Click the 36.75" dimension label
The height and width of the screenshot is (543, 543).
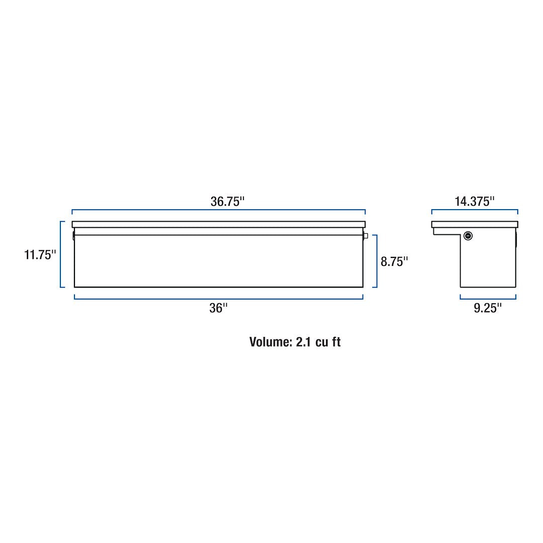pyautogui.click(x=227, y=201)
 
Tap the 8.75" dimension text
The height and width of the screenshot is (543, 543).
pyautogui.click(x=394, y=261)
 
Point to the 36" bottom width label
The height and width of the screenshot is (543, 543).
pyautogui.click(x=219, y=308)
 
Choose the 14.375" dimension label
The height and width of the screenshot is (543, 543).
pyautogui.click(x=475, y=201)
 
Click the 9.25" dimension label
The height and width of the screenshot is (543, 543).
pyautogui.click(x=488, y=308)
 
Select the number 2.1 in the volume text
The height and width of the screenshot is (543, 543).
pyautogui.click(x=304, y=342)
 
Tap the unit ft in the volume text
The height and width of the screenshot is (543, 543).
pyautogui.click(x=336, y=342)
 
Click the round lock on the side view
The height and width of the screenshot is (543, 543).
pyautogui.click(x=468, y=235)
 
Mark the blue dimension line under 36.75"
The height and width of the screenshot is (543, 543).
pyautogui.click(x=218, y=210)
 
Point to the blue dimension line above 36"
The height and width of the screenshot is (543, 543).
pyautogui.click(x=218, y=299)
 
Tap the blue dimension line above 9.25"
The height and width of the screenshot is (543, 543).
pyautogui.click(x=488, y=299)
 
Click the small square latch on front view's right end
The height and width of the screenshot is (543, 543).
pyautogui.click(x=366, y=236)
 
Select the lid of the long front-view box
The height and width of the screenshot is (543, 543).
pyautogui.click(x=218, y=224)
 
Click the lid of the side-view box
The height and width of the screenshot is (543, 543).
pyautogui.click(x=475, y=224)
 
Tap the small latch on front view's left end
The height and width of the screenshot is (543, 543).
pyautogui.click(x=73, y=235)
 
